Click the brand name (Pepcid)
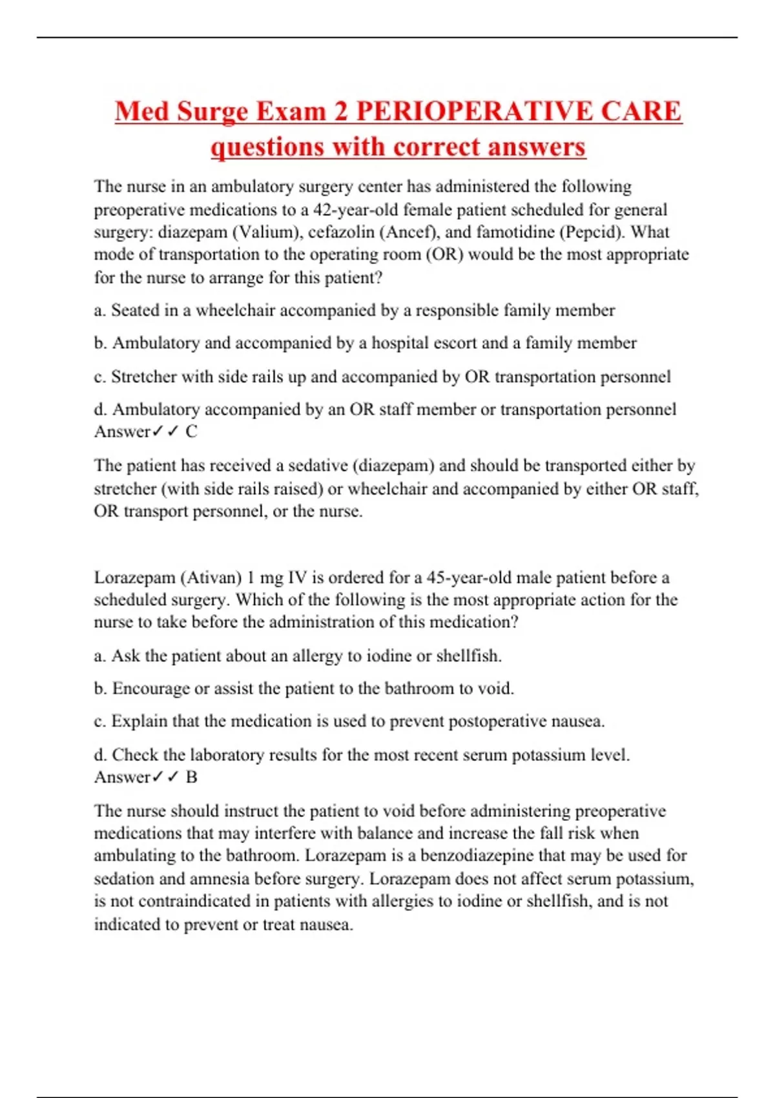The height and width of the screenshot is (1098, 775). click(590, 232)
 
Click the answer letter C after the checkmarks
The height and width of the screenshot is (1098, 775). click(192, 431)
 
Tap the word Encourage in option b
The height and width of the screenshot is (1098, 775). click(151, 689)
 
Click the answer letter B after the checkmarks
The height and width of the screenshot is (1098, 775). click(192, 777)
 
